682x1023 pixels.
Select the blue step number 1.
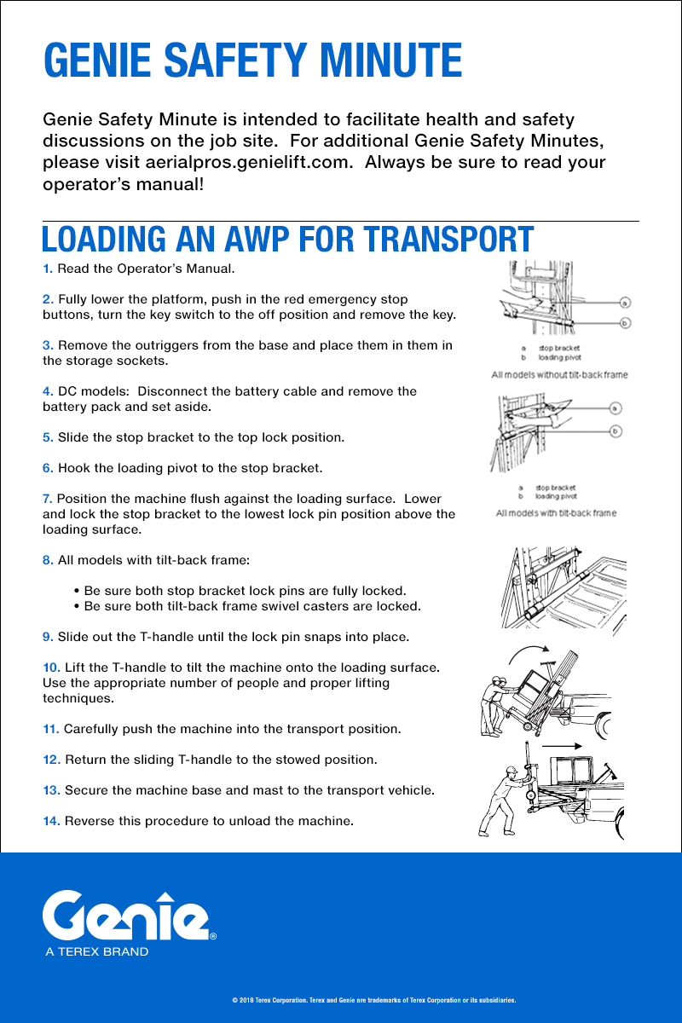click(48, 269)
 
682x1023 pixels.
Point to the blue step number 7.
click(48, 499)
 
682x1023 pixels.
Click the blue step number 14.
click(51, 821)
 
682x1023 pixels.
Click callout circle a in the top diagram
click(625, 302)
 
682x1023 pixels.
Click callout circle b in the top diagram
click(625, 323)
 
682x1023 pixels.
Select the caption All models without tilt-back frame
click(558, 374)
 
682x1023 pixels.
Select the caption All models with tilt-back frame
click(556, 513)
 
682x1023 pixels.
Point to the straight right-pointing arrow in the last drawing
click(564, 746)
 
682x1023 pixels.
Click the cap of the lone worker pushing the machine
click(511, 770)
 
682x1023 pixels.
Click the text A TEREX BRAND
click(97, 951)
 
